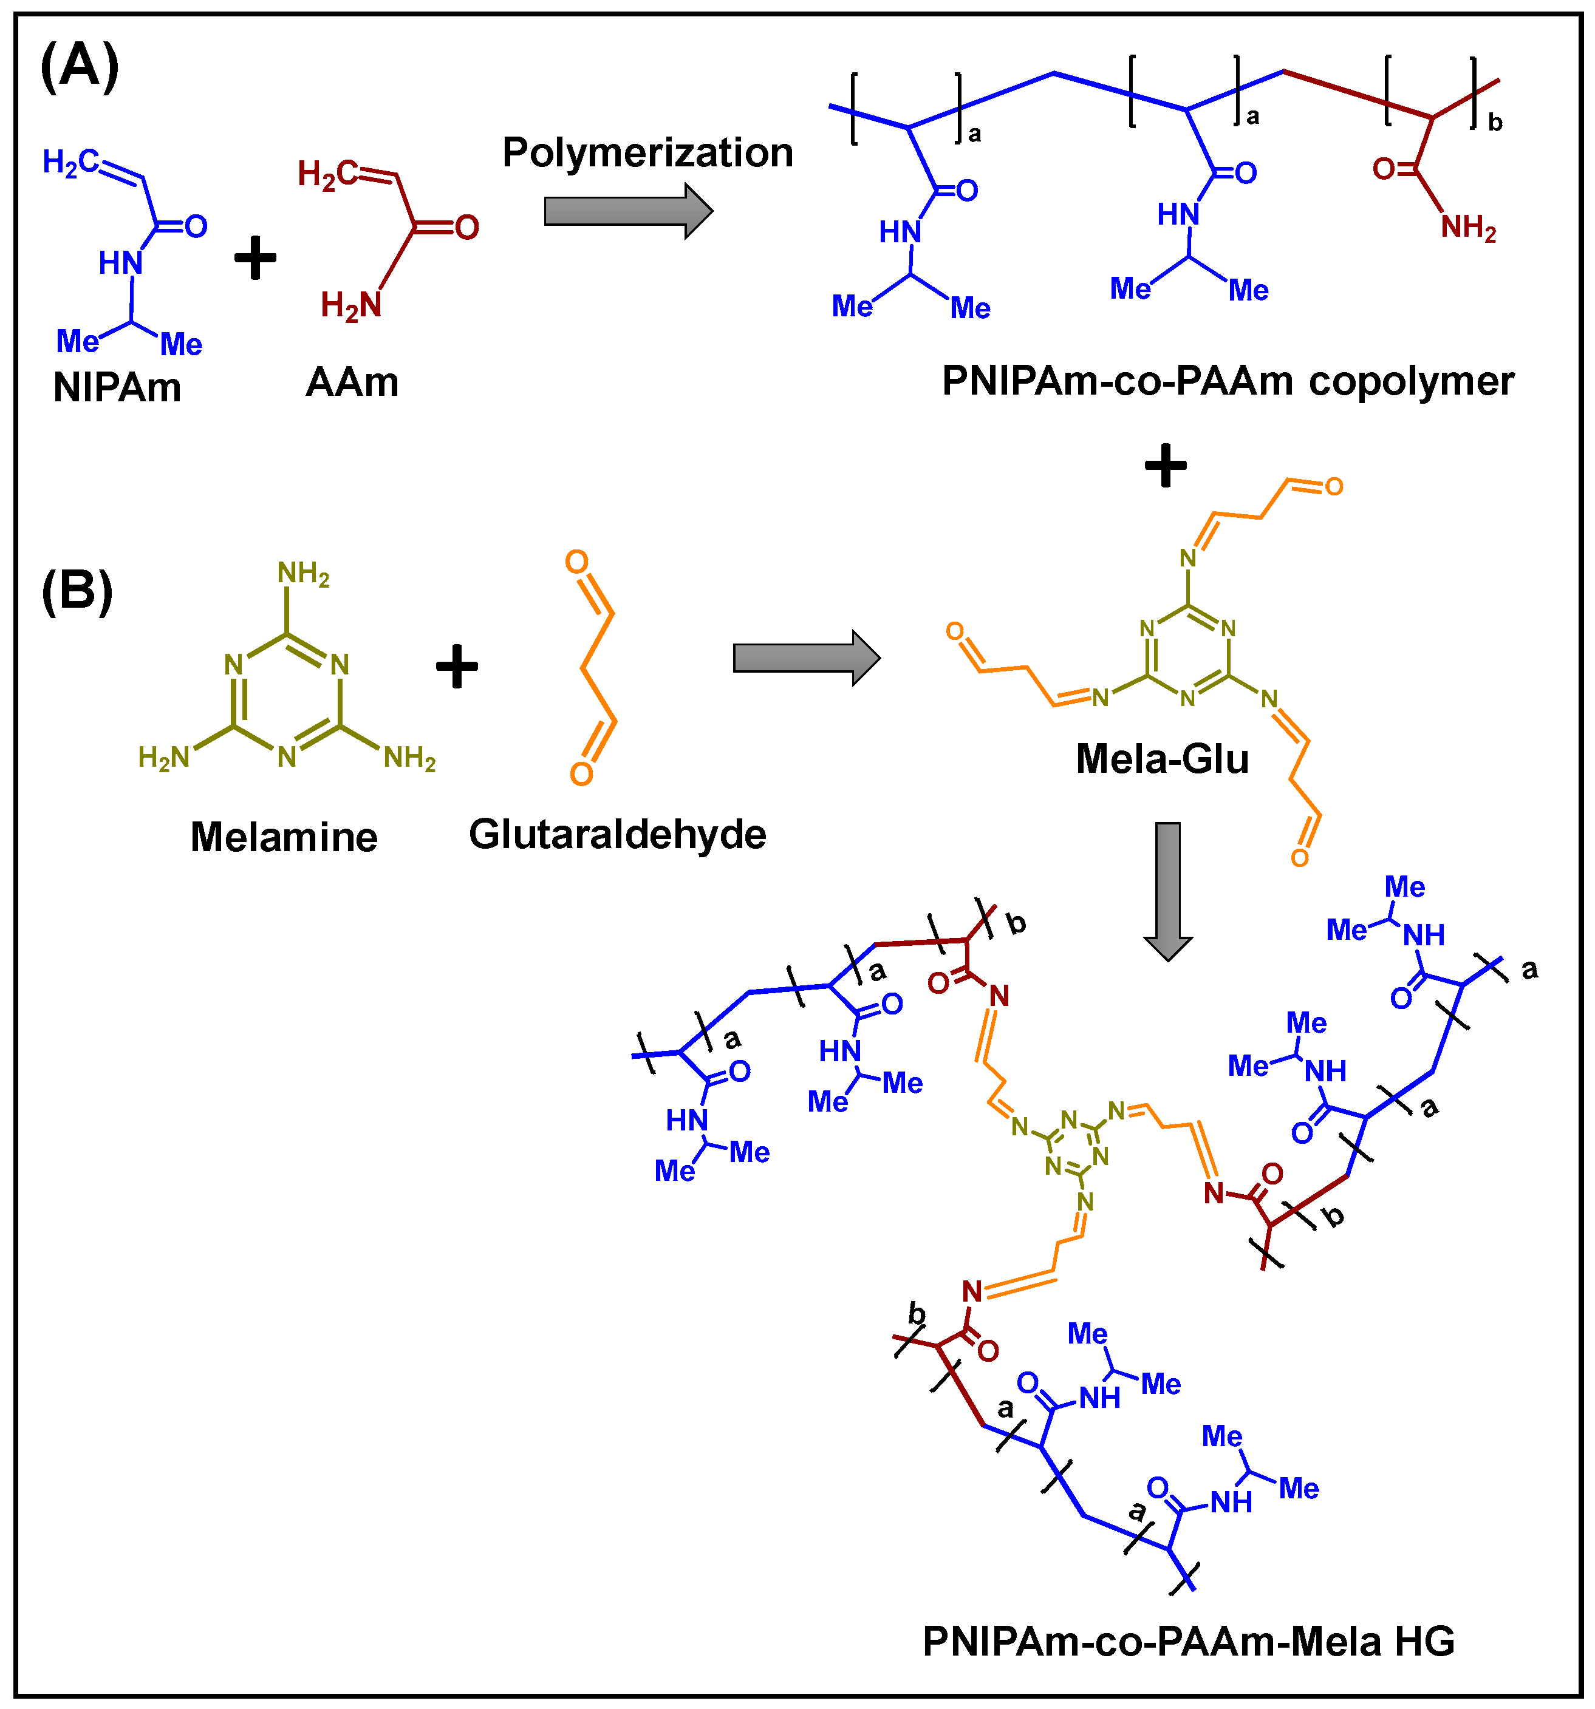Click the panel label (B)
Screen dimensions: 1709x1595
[77, 591]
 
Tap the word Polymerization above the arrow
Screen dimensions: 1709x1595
[647, 153]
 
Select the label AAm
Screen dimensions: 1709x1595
[352, 382]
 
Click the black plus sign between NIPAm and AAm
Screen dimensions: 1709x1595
[255, 258]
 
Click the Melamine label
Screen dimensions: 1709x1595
[284, 837]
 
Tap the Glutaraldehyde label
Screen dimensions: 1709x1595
[617, 834]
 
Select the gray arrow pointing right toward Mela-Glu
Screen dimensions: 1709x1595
[805, 657]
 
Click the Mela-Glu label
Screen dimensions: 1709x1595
[1163, 759]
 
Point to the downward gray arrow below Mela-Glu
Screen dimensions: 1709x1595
[1167, 891]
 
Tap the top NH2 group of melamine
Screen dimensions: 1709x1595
[302, 573]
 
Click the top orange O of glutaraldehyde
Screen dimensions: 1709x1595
[576, 562]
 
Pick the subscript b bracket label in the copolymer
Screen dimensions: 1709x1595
[1495, 123]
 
